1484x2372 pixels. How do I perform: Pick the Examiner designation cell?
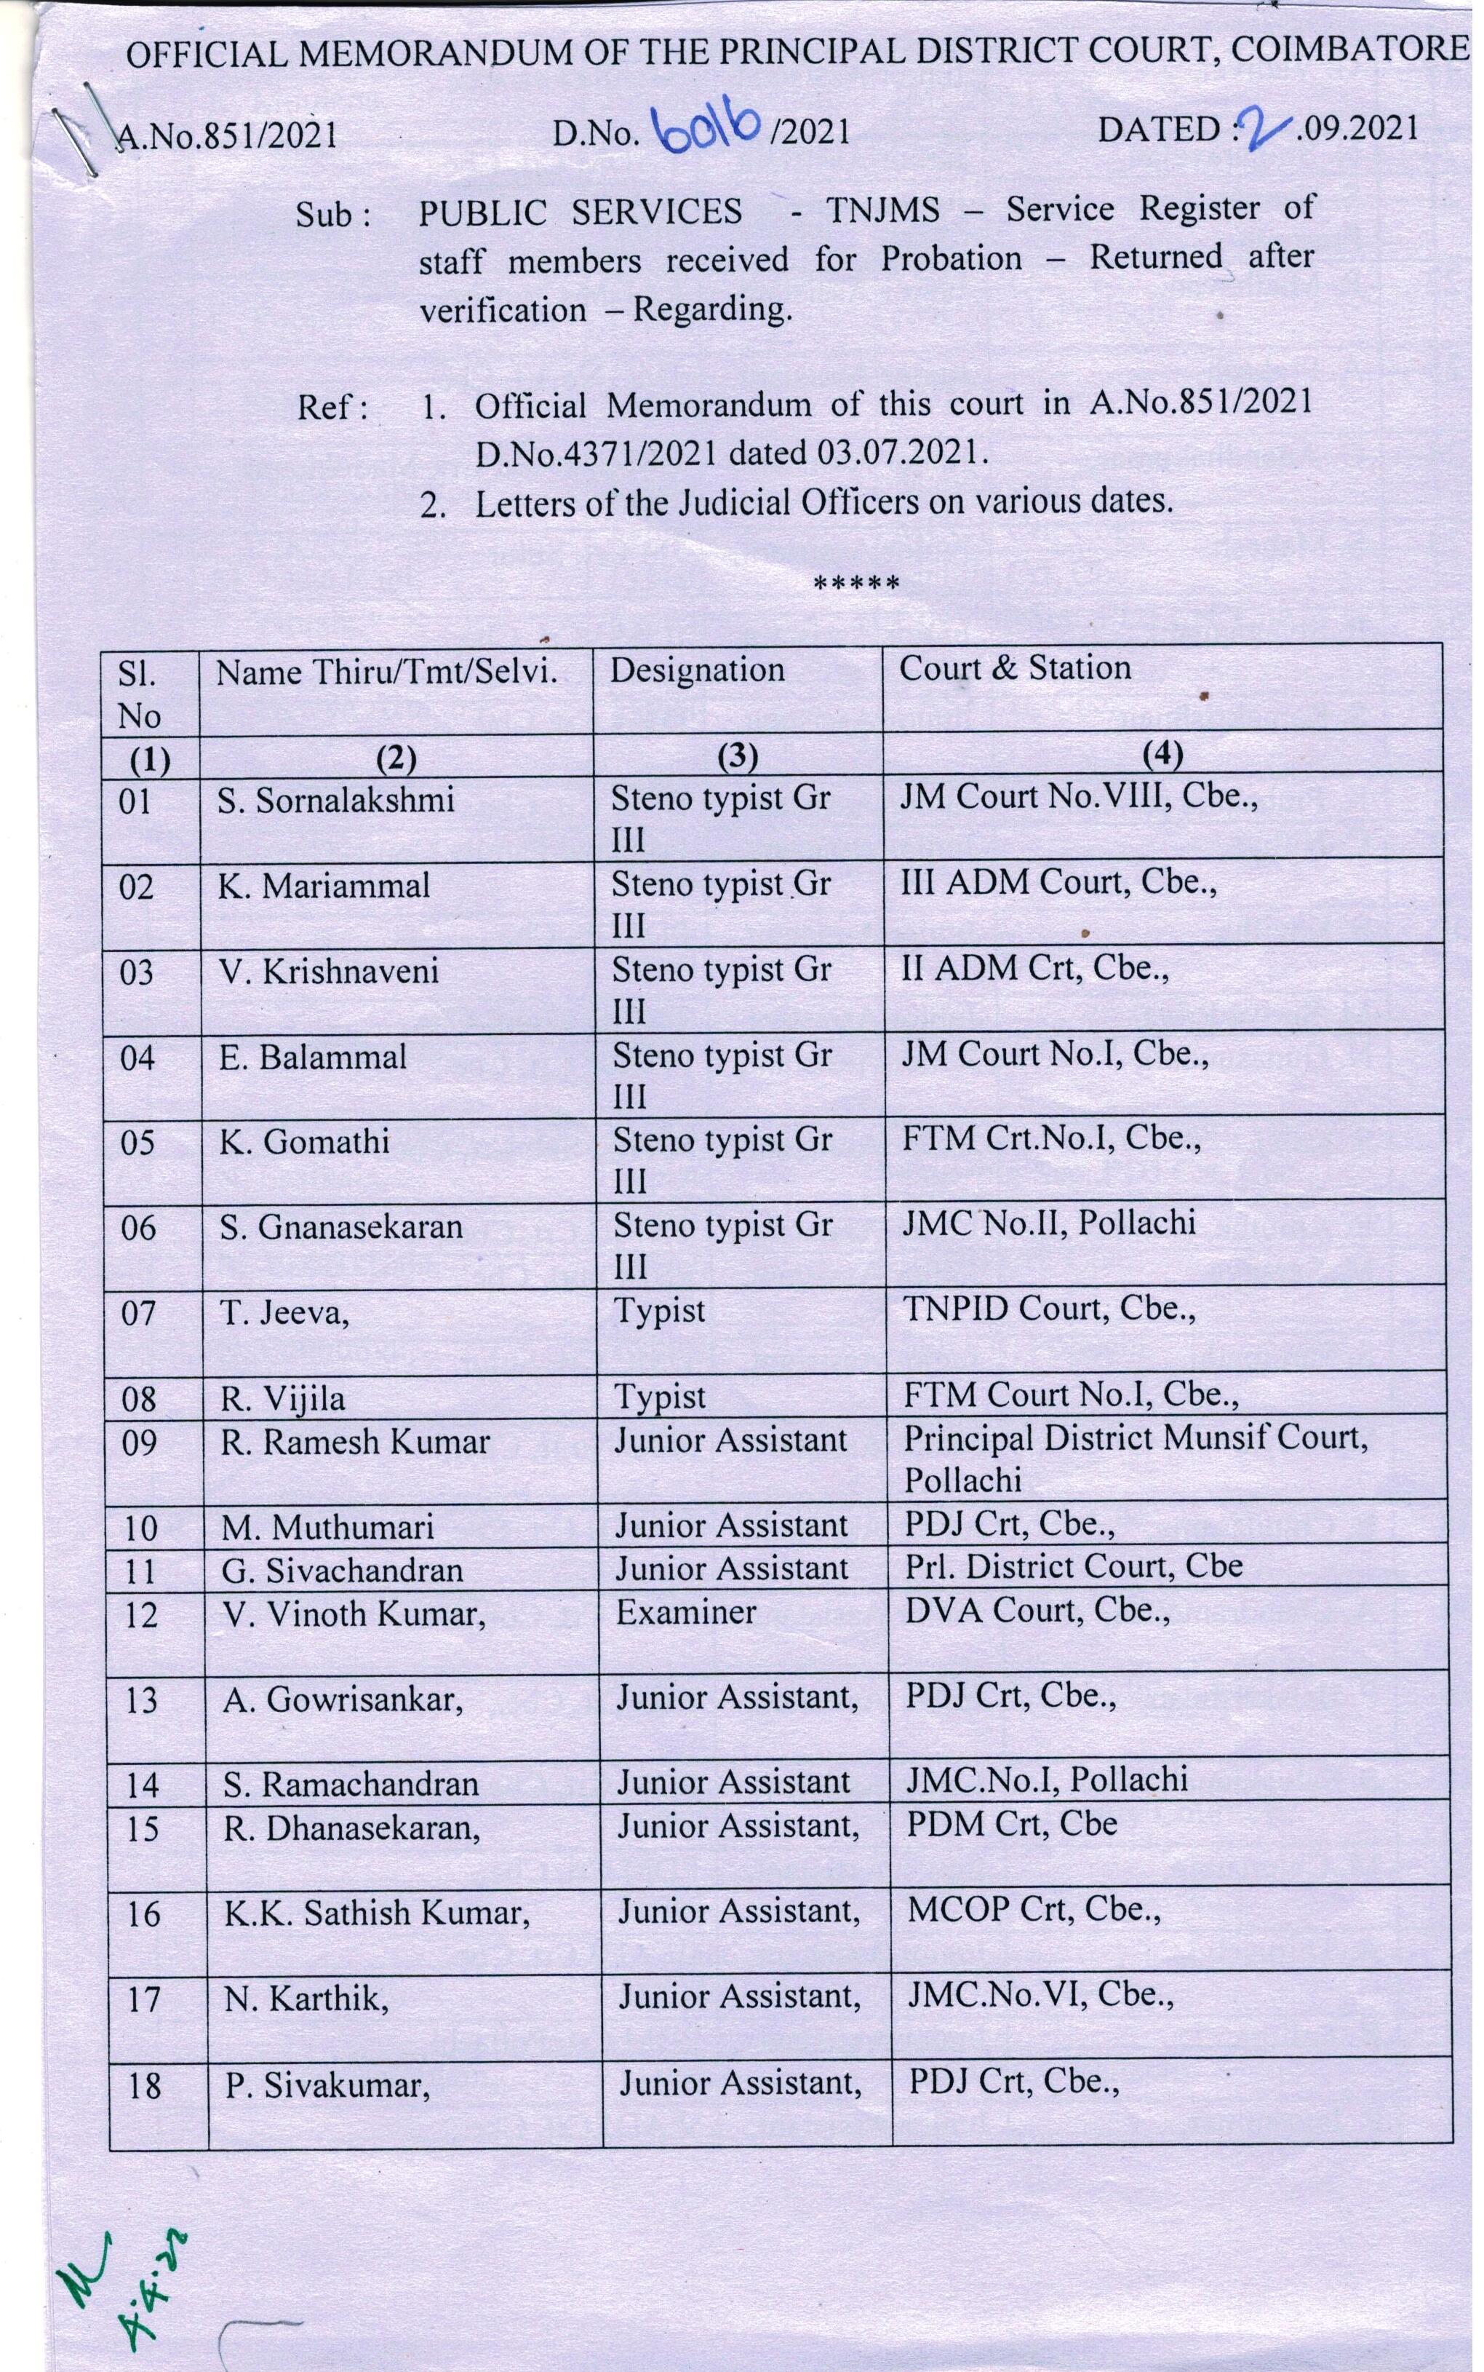pos(686,1612)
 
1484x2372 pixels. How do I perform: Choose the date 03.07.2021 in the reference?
pos(900,453)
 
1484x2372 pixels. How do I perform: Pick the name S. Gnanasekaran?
pos(340,1227)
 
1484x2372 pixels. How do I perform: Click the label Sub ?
pos(335,214)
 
